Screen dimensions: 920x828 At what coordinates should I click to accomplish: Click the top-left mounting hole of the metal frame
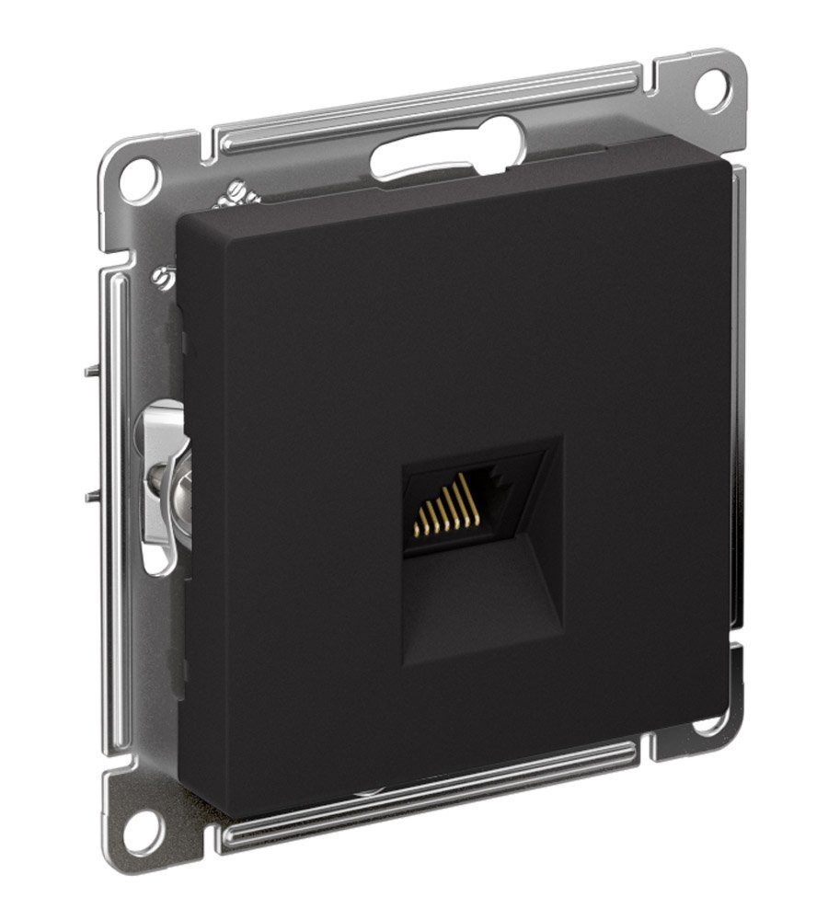point(138,175)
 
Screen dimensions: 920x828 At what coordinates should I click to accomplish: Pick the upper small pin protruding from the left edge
point(90,371)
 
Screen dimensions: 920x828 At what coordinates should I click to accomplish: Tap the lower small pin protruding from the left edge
point(90,497)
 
